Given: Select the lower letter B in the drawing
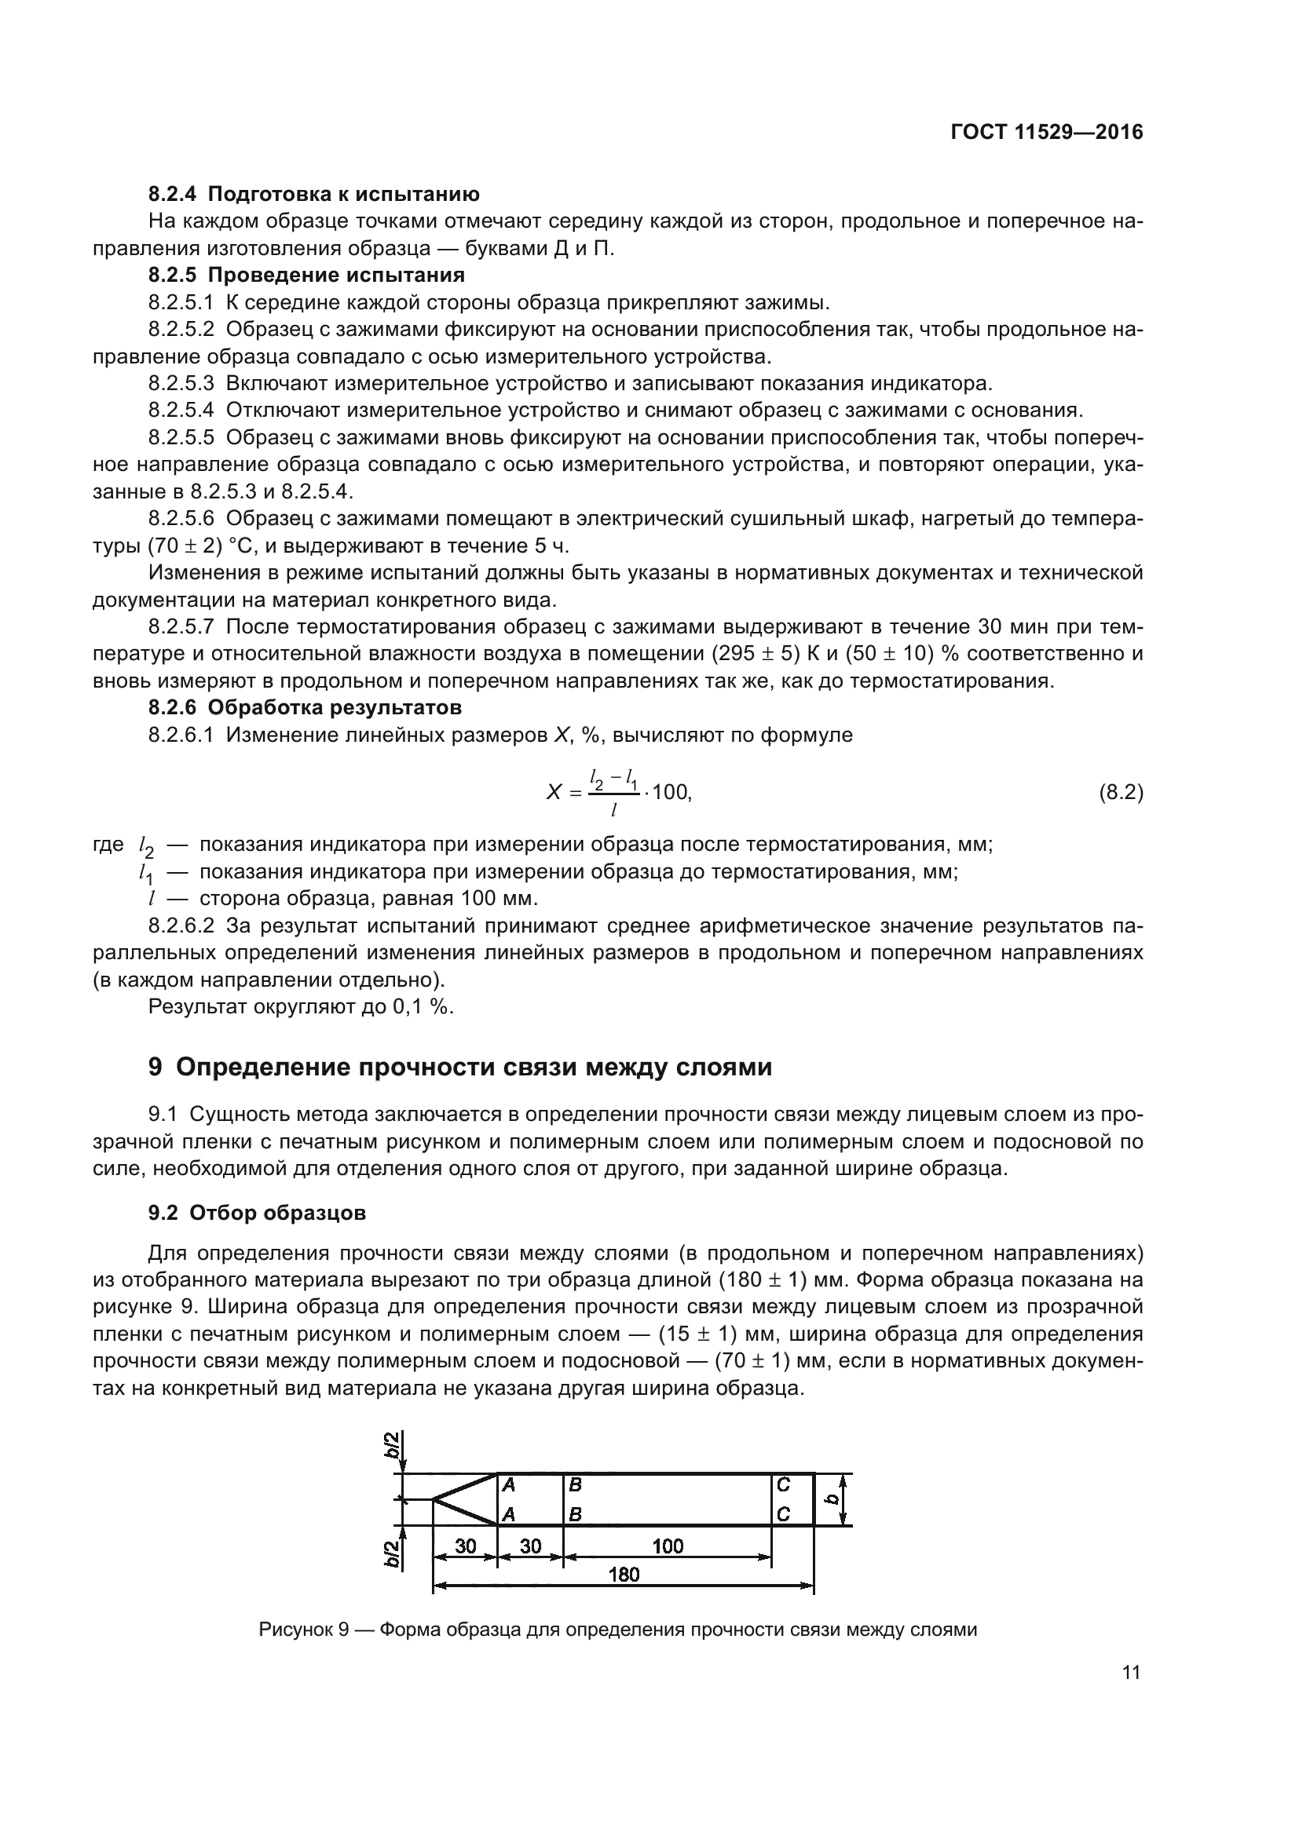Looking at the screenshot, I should point(574,1514).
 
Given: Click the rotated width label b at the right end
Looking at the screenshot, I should point(832,1499).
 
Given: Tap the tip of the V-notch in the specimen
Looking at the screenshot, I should point(434,1499).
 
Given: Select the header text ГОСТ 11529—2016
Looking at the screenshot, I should point(1046,133).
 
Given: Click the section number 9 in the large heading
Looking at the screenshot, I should point(156,1068).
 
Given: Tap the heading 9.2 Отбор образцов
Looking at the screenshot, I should point(257,1213).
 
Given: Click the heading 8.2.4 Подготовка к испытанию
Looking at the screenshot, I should point(313,195).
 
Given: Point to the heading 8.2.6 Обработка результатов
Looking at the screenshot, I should point(305,708).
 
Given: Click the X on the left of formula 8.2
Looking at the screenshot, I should point(554,794).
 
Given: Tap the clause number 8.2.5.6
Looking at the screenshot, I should point(181,519).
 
